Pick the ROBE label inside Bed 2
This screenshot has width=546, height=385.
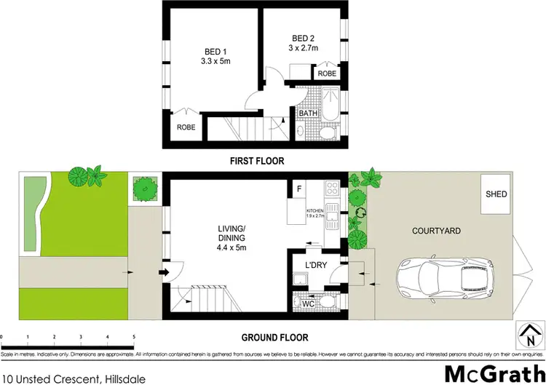click(x=325, y=74)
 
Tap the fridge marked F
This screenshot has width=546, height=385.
click(x=298, y=189)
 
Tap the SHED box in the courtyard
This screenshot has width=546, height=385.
click(x=497, y=195)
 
